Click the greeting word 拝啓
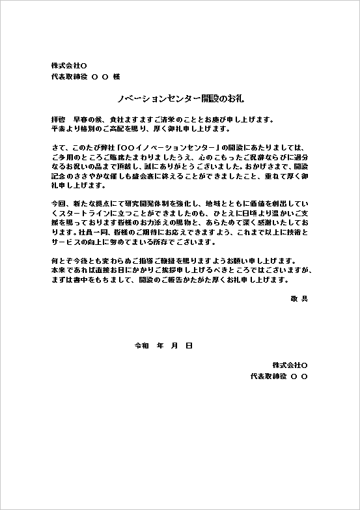(x=58, y=120)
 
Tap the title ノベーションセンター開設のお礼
(x=180, y=98)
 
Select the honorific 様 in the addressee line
(x=117, y=76)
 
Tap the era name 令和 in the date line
(x=142, y=345)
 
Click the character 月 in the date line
(x=174, y=345)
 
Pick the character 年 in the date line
(x=159, y=345)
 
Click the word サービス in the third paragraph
(x=66, y=242)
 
